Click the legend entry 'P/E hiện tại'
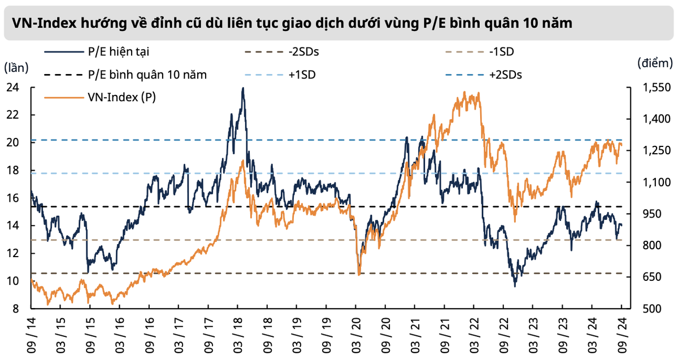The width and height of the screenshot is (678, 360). click(119, 52)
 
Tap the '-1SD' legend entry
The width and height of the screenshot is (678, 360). click(502, 52)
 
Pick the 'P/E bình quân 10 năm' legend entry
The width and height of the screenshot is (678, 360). click(147, 75)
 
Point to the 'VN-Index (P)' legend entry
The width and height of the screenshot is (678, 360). click(121, 97)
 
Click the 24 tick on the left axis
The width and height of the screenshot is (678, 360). click(12, 88)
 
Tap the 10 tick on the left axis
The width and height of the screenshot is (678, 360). click(12, 281)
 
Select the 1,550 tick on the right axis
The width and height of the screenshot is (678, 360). click(655, 88)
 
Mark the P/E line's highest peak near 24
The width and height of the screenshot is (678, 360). click(242, 88)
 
